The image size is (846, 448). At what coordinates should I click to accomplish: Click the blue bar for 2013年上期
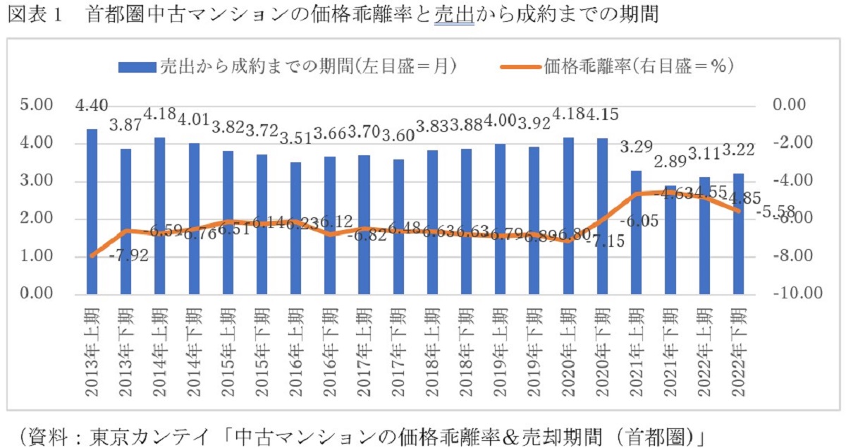point(92,211)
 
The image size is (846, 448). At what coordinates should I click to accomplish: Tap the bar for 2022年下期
point(738,233)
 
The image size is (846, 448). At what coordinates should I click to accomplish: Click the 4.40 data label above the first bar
point(92,107)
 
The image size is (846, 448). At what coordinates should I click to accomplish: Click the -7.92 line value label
point(130,255)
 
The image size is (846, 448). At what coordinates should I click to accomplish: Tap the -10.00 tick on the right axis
point(795,294)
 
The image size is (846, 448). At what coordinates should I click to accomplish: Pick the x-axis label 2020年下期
point(603,344)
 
